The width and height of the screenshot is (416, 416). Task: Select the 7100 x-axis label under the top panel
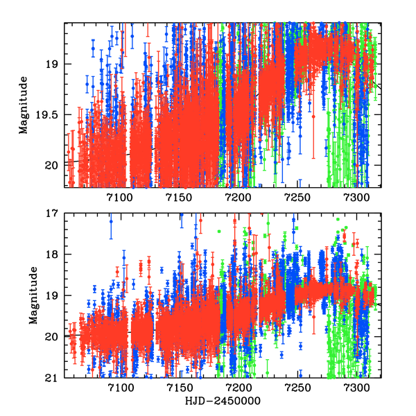click(x=120, y=198)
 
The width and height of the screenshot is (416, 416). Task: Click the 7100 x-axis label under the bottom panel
click(x=120, y=388)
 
